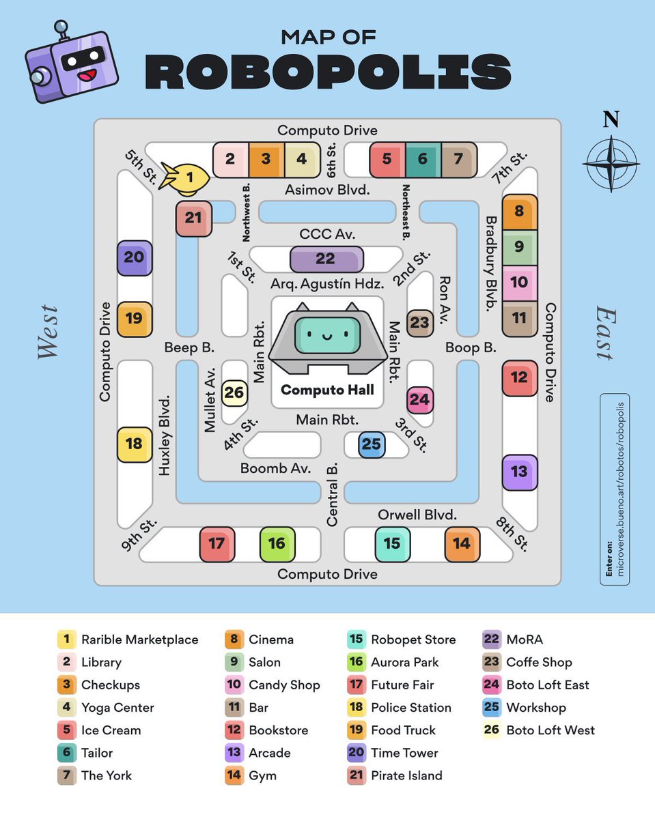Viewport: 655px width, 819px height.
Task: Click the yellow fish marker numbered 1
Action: pyautogui.click(x=186, y=178)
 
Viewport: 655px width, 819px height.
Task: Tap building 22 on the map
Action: pyautogui.click(x=326, y=259)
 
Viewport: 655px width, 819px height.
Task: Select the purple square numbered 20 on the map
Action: pyautogui.click(x=135, y=258)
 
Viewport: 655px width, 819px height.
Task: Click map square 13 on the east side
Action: pyautogui.click(x=520, y=472)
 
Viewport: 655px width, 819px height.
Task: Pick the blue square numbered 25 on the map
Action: pyautogui.click(x=372, y=444)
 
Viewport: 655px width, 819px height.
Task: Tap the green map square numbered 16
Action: pyautogui.click(x=277, y=544)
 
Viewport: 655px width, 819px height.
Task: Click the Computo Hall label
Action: pyautogui.click(x=327, y=390)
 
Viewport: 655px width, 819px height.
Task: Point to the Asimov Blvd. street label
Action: pyautogui.click(x=327, y=190)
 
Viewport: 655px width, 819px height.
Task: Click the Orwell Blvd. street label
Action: pyautogui.click(x=417, y=515)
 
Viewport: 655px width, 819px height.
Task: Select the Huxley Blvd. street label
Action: pyautogui.click(x=164, y=435)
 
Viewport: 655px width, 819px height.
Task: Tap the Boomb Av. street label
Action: pyautogui.click(x=275, y=468)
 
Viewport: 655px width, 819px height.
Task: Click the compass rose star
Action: pyautogui.click(x=611, y=164)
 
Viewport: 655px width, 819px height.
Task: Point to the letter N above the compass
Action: pyautogui.click(x=611, y=119)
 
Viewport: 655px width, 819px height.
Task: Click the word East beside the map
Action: pyautogui.click(x=606, y=333)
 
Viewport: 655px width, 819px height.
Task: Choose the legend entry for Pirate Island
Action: pyautogui.click(x=395, y=775)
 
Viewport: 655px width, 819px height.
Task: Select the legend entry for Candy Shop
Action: pyautogui.click(x=273, y=685)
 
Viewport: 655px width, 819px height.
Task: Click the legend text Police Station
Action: pyautogui.click(x=411, y=708)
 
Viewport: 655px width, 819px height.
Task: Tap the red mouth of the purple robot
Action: pyautogui.click(x=87, y=75)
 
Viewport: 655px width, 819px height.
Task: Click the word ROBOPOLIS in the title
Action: pyautogui.click(x=328, y=72)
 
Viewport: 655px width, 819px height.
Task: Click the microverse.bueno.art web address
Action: pyautogui.click(x=620, y=489)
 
